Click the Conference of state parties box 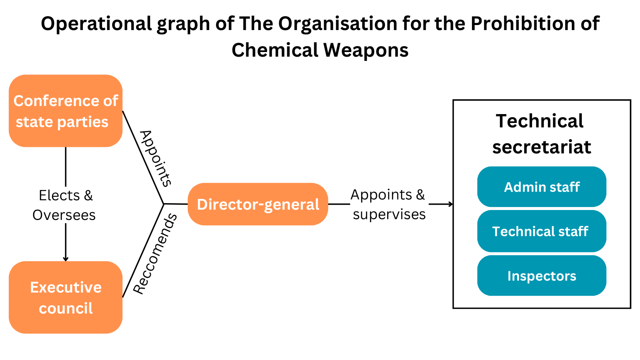pos(66,111)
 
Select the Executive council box pos(66,297)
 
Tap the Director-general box pos(258,204)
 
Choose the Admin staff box pos(541,187)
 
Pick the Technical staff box pos(541,231)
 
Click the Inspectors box pos(541,276)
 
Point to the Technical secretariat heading pos(541,134)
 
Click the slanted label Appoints pos(155,158)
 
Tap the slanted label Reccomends pos(155,254)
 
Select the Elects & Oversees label pos(65,205)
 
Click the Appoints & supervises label pos(388,204)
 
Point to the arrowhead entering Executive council pos(66,259)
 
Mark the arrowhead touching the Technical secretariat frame pos(450,204)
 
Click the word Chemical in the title pos(275,50)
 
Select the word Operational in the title pos(97,24)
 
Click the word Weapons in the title pos(366,50)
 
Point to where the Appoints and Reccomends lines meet pos(164,204)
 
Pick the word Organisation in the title pos(338,24)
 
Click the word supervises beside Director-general pos(389,214)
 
